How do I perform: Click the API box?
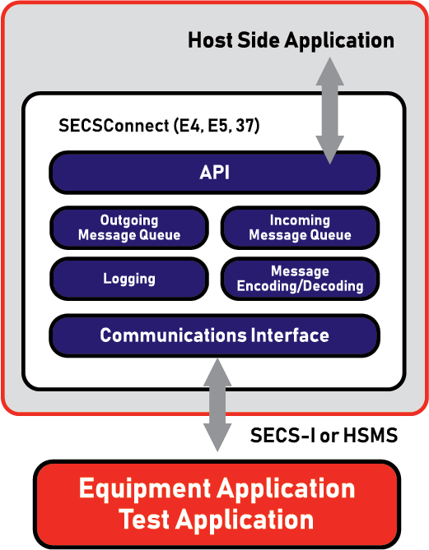pyautogui.click(x=214, y=173)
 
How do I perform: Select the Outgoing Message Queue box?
pyautogui.click(x=129, y=228)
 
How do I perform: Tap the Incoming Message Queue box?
pyautogui.click(x=300, y=228)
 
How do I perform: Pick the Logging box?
pyautogui.click(x=129, y=279)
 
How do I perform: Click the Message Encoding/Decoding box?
pyautogui.click(x=300, y=279)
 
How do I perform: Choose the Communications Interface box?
pyautogui.click(x=214, y=335)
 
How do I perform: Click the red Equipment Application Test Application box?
pyautogui.click(x=216, y=504)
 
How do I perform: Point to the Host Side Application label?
pyautogui.click(x=291, y=39)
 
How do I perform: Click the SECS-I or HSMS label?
pyautogui.click(x=324, y=436)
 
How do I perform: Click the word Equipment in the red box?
pyautogui.click(x=145, y=488)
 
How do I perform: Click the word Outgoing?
pyautogui.click(x=129, y=220)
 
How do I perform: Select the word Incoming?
pyautogui.click(x=300, y=220)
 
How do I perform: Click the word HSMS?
pyautogui.click(x=371, y=436)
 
